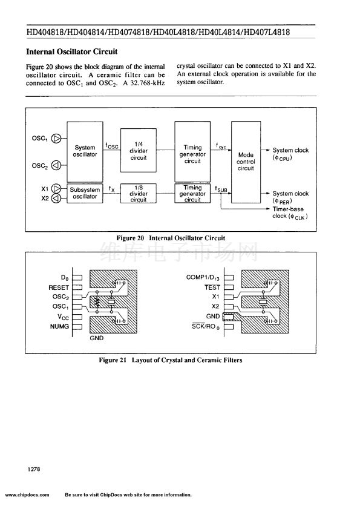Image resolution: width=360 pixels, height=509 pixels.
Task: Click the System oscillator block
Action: click(x=85, y=151)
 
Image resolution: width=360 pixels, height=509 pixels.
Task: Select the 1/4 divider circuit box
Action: click(x=139, y=150)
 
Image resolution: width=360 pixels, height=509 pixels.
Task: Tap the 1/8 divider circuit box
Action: click(x=139, y=194)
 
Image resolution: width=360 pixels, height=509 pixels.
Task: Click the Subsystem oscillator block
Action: click(x=85, y=194)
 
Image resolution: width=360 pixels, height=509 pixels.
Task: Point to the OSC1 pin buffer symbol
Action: click(x=56, y=139)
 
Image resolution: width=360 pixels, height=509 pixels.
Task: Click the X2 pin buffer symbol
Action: click(x=56, y=198)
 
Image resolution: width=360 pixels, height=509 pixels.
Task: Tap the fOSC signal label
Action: click(x=112, y=146)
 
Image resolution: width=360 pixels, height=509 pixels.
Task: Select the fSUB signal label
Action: click(x=221, y=189)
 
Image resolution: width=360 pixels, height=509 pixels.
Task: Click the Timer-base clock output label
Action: click(x=290, y=213)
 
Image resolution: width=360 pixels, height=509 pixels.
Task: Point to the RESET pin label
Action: click(x=59, y=287)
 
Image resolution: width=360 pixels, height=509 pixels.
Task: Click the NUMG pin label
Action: click(x=59, y=326)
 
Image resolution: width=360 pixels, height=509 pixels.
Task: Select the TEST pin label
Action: click(x=212, y=287)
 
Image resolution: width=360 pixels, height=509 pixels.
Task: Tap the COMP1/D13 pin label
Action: click(x=203, y=278)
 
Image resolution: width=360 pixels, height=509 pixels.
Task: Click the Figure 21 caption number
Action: click(x=113, y=360)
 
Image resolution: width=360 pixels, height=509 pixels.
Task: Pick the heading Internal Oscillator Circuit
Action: click(x=72, y=51)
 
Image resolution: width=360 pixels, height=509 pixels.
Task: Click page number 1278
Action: click(x=34, y=469)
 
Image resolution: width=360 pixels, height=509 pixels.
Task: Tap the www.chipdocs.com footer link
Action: click(x=27, y=495)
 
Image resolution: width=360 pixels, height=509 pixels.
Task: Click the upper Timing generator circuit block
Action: click(x=192, y=151)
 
